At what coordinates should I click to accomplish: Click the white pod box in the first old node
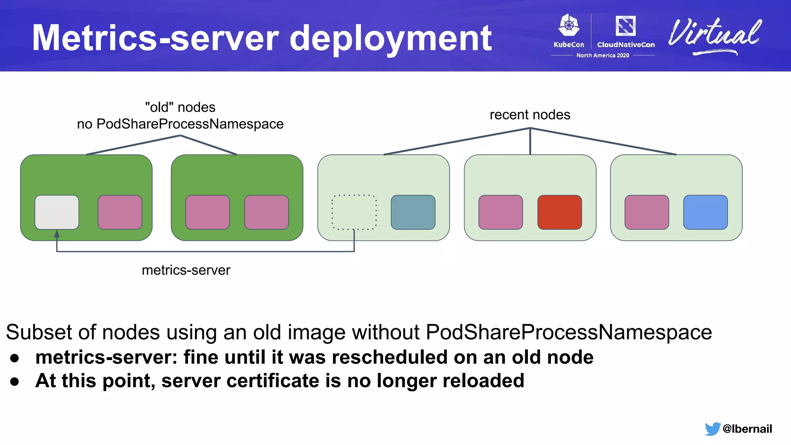[57, 212]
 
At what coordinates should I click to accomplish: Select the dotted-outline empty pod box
[354, 212]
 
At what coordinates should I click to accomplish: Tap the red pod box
[559, 212]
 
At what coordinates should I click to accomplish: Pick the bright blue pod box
[705, 212]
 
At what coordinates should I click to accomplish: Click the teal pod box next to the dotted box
[413, 212]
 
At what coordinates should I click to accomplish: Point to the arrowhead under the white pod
[57, 234]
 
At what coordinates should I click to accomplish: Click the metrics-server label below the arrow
[186, 270]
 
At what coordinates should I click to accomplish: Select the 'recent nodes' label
[530, 115]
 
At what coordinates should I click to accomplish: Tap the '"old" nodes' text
[180, 107]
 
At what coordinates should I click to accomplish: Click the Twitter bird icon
[712, 429]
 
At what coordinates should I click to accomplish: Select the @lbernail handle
[747, 429]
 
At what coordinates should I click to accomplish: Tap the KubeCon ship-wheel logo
[569, 25]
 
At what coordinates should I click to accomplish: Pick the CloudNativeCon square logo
[625, 26]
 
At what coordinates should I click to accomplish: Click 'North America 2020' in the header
[603, 56]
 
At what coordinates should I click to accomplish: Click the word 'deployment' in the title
[390, 39]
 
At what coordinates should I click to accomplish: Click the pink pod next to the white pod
[120, 212]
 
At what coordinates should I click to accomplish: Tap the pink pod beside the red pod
[500, 212]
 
